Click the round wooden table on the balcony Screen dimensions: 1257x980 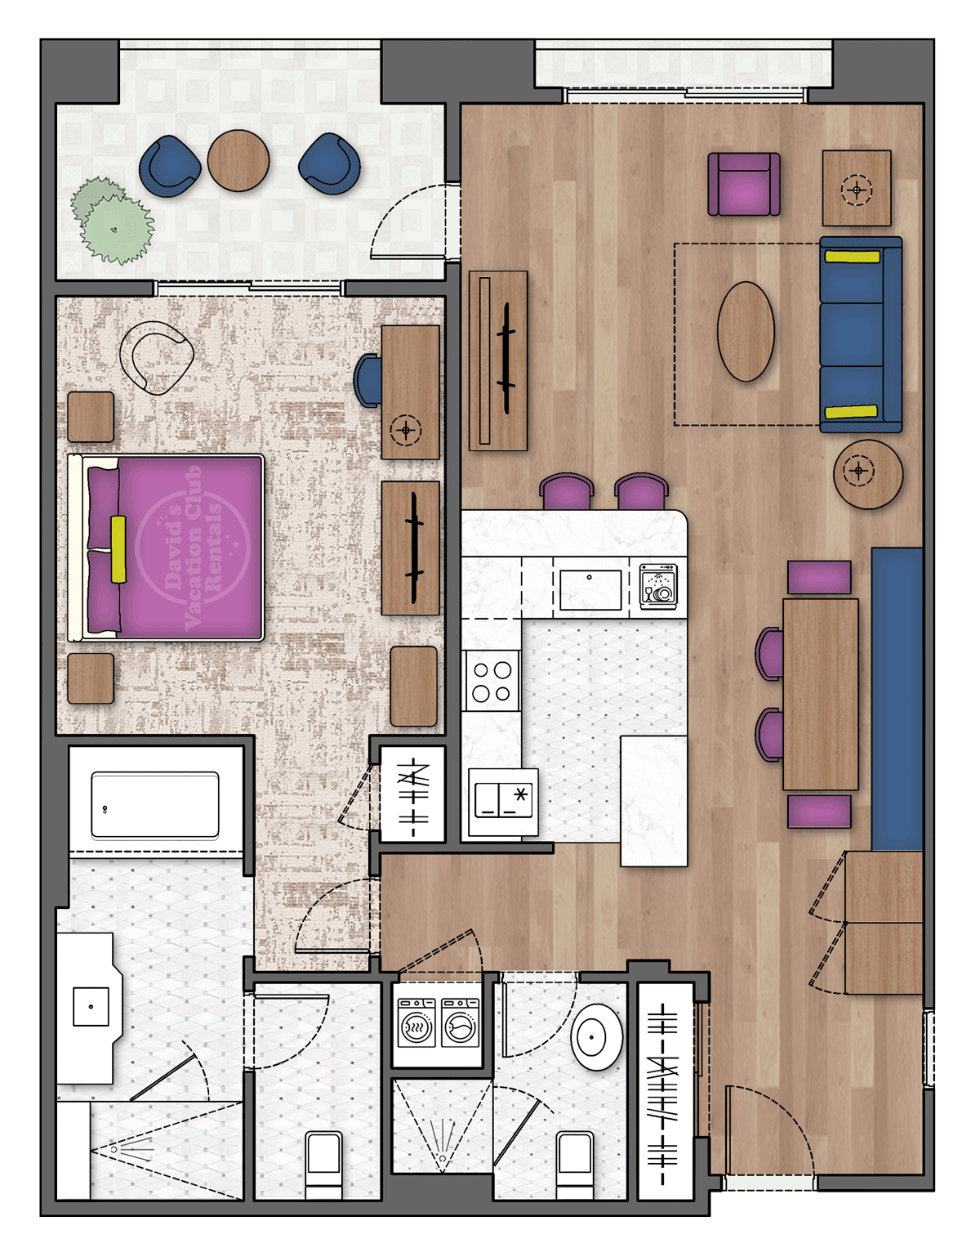pos(238,161)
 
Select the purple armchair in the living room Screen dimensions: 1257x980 pos(743,185)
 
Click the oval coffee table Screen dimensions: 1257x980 pos(746,331)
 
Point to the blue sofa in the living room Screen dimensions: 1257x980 pos(860,334)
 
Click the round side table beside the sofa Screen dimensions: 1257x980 pos(867,474)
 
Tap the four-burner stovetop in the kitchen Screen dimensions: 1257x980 pos(492,682)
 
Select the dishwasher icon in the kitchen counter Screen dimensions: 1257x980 pos(658,585)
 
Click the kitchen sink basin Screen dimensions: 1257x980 pos(590,589)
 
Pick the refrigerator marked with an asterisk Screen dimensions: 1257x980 pos(503,802)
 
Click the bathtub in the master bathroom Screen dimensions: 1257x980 pos(155,805)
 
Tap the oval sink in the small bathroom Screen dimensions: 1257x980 pos(597,1037)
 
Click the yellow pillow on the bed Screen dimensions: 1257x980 pos(118,548)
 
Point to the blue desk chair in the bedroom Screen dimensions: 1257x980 pos(368,380)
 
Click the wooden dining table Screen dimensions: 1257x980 pos(820,694)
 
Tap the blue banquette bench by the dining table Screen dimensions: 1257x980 pos(897,700)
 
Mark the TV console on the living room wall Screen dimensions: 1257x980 pos(497,360)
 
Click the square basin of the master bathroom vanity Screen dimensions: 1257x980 pos(91,1006)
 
